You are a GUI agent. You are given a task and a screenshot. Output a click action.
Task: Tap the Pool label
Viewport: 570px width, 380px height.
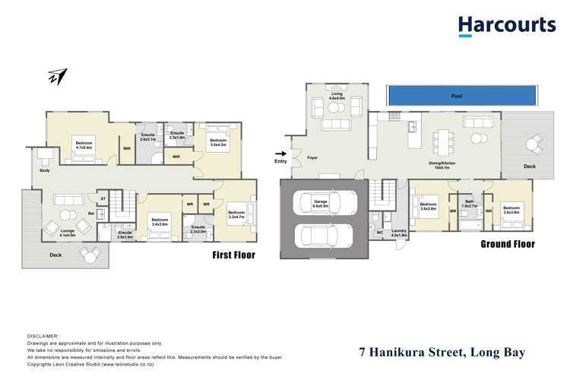click(x=456, y=97)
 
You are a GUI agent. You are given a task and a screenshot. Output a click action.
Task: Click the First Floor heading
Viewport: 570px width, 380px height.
click(x=233, y=255)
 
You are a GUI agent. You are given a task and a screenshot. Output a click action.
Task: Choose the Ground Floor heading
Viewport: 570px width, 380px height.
click(x=507, y=244)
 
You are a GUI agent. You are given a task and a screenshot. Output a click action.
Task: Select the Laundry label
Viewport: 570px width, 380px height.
click(x=399, y=233)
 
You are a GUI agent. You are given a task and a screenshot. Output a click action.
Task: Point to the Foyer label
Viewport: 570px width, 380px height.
click(x=312, y=158)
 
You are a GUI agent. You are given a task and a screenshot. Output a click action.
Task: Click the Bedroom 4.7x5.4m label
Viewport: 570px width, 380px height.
click(x=84, y=142)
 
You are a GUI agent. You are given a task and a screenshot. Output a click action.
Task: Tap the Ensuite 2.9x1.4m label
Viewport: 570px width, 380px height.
click(x=125, y=236)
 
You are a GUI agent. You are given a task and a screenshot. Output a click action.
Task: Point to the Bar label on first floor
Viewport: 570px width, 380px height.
click(x=91, y=214)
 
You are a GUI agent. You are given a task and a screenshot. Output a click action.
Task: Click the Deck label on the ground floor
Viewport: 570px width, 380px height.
click(x=531, y=165)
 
